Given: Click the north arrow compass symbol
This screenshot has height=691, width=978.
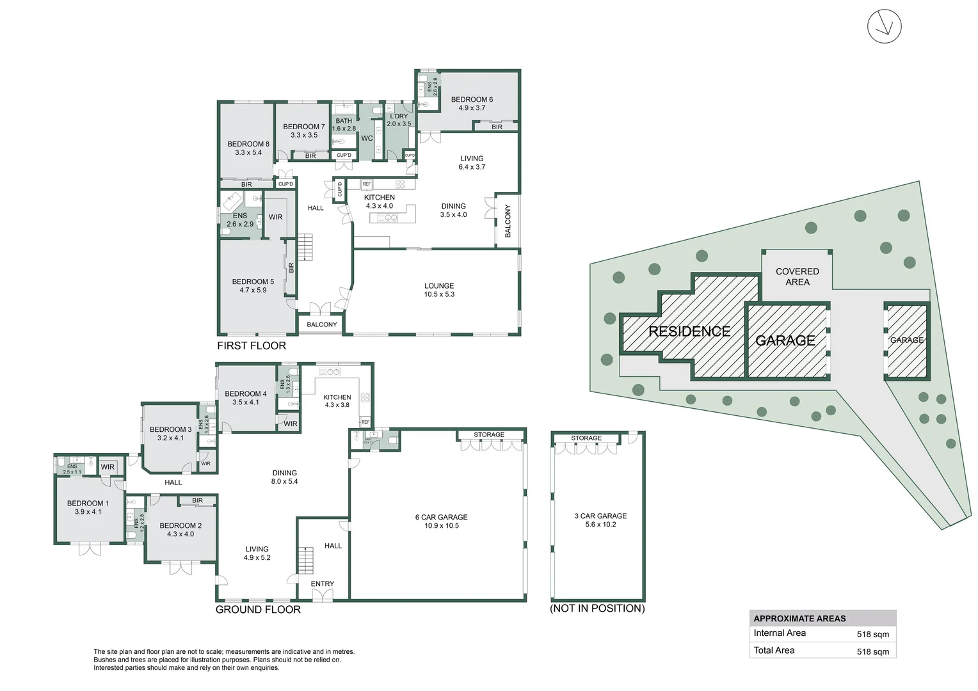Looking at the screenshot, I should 884,27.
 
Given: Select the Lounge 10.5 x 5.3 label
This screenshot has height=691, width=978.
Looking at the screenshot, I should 439,290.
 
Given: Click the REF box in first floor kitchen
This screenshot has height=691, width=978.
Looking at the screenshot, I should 367,184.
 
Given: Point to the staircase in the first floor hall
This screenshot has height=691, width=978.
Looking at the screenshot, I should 305,247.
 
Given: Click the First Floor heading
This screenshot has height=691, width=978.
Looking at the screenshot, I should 252,345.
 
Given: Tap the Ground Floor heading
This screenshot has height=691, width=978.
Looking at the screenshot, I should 258,610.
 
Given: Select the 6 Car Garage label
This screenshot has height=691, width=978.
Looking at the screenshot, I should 442,521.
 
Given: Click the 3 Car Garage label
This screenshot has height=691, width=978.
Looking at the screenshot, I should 600,520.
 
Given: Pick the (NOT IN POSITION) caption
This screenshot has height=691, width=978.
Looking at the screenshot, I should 597,608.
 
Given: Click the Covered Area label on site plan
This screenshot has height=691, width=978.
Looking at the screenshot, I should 797,276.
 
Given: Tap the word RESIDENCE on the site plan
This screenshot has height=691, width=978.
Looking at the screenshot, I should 689,331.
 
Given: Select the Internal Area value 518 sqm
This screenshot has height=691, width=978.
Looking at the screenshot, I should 872,635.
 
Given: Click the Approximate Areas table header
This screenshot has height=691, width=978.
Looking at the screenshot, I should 799,619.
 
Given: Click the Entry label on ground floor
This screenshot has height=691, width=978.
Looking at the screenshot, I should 323,584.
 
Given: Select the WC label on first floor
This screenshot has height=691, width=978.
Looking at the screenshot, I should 367,138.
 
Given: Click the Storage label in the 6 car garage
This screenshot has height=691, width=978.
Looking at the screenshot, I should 489,435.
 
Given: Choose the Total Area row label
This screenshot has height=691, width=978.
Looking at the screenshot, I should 774,650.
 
